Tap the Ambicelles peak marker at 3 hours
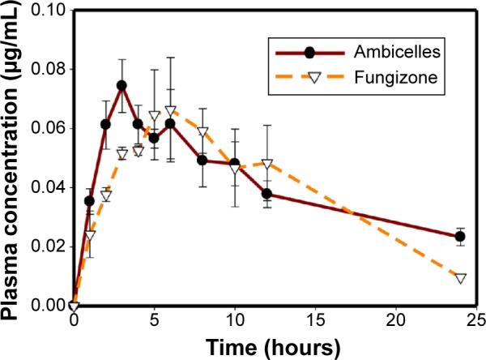coord(122,85)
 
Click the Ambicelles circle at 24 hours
coord(460,237)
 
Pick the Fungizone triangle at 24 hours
coord(460,278)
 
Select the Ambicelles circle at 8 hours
coord(202,161)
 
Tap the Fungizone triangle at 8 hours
coord(202,132)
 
